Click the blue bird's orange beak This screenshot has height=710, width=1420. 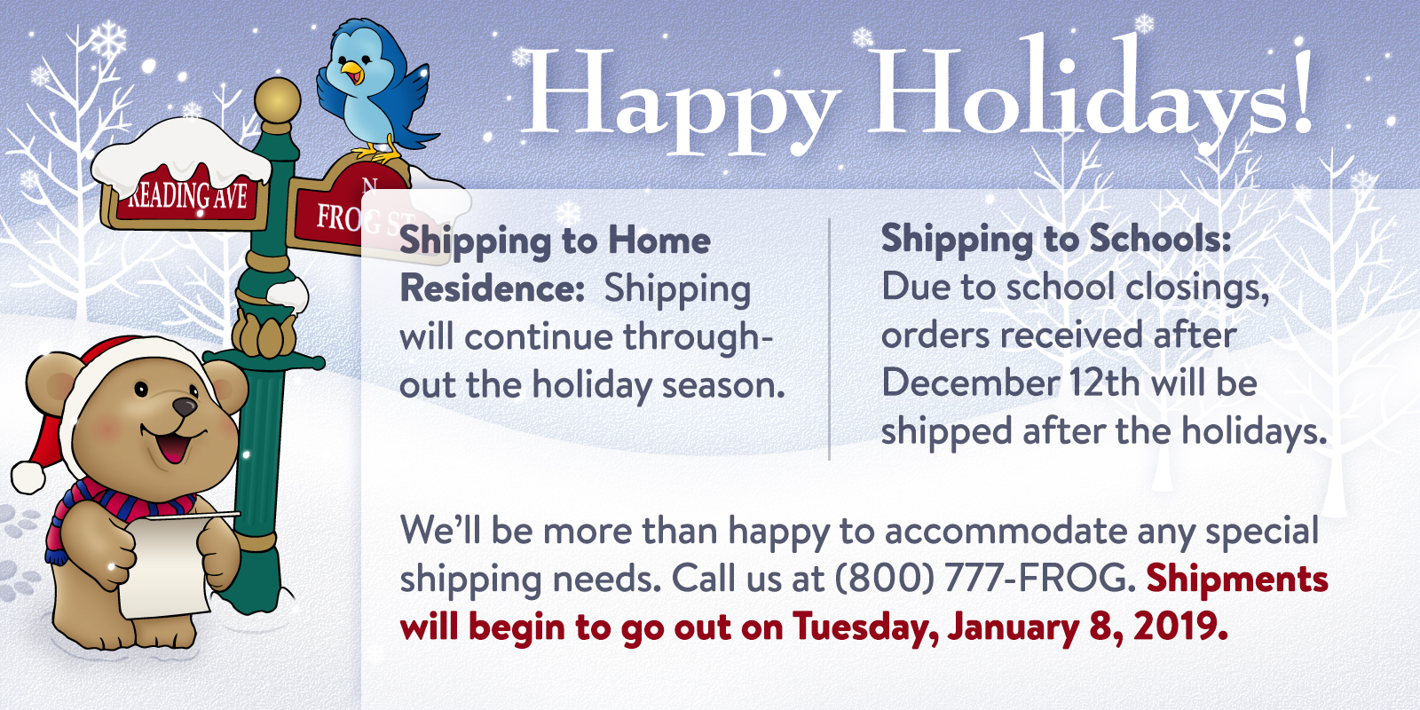pos(351,71)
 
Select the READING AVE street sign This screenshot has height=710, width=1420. pos(186,194)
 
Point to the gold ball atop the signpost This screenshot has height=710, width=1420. pos(277,100)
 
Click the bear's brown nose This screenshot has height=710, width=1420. pos(185,406)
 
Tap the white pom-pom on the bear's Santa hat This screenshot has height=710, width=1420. pos(28,477)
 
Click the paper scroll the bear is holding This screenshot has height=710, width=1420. pos(168,564)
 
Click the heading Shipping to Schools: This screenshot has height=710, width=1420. pos(1055,240)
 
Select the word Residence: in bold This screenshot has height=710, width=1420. pos(492,288)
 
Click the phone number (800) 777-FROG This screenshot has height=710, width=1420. pos(984,578)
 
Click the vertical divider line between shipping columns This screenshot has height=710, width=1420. pos(829,339)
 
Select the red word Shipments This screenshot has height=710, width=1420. pos(1237,579)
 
